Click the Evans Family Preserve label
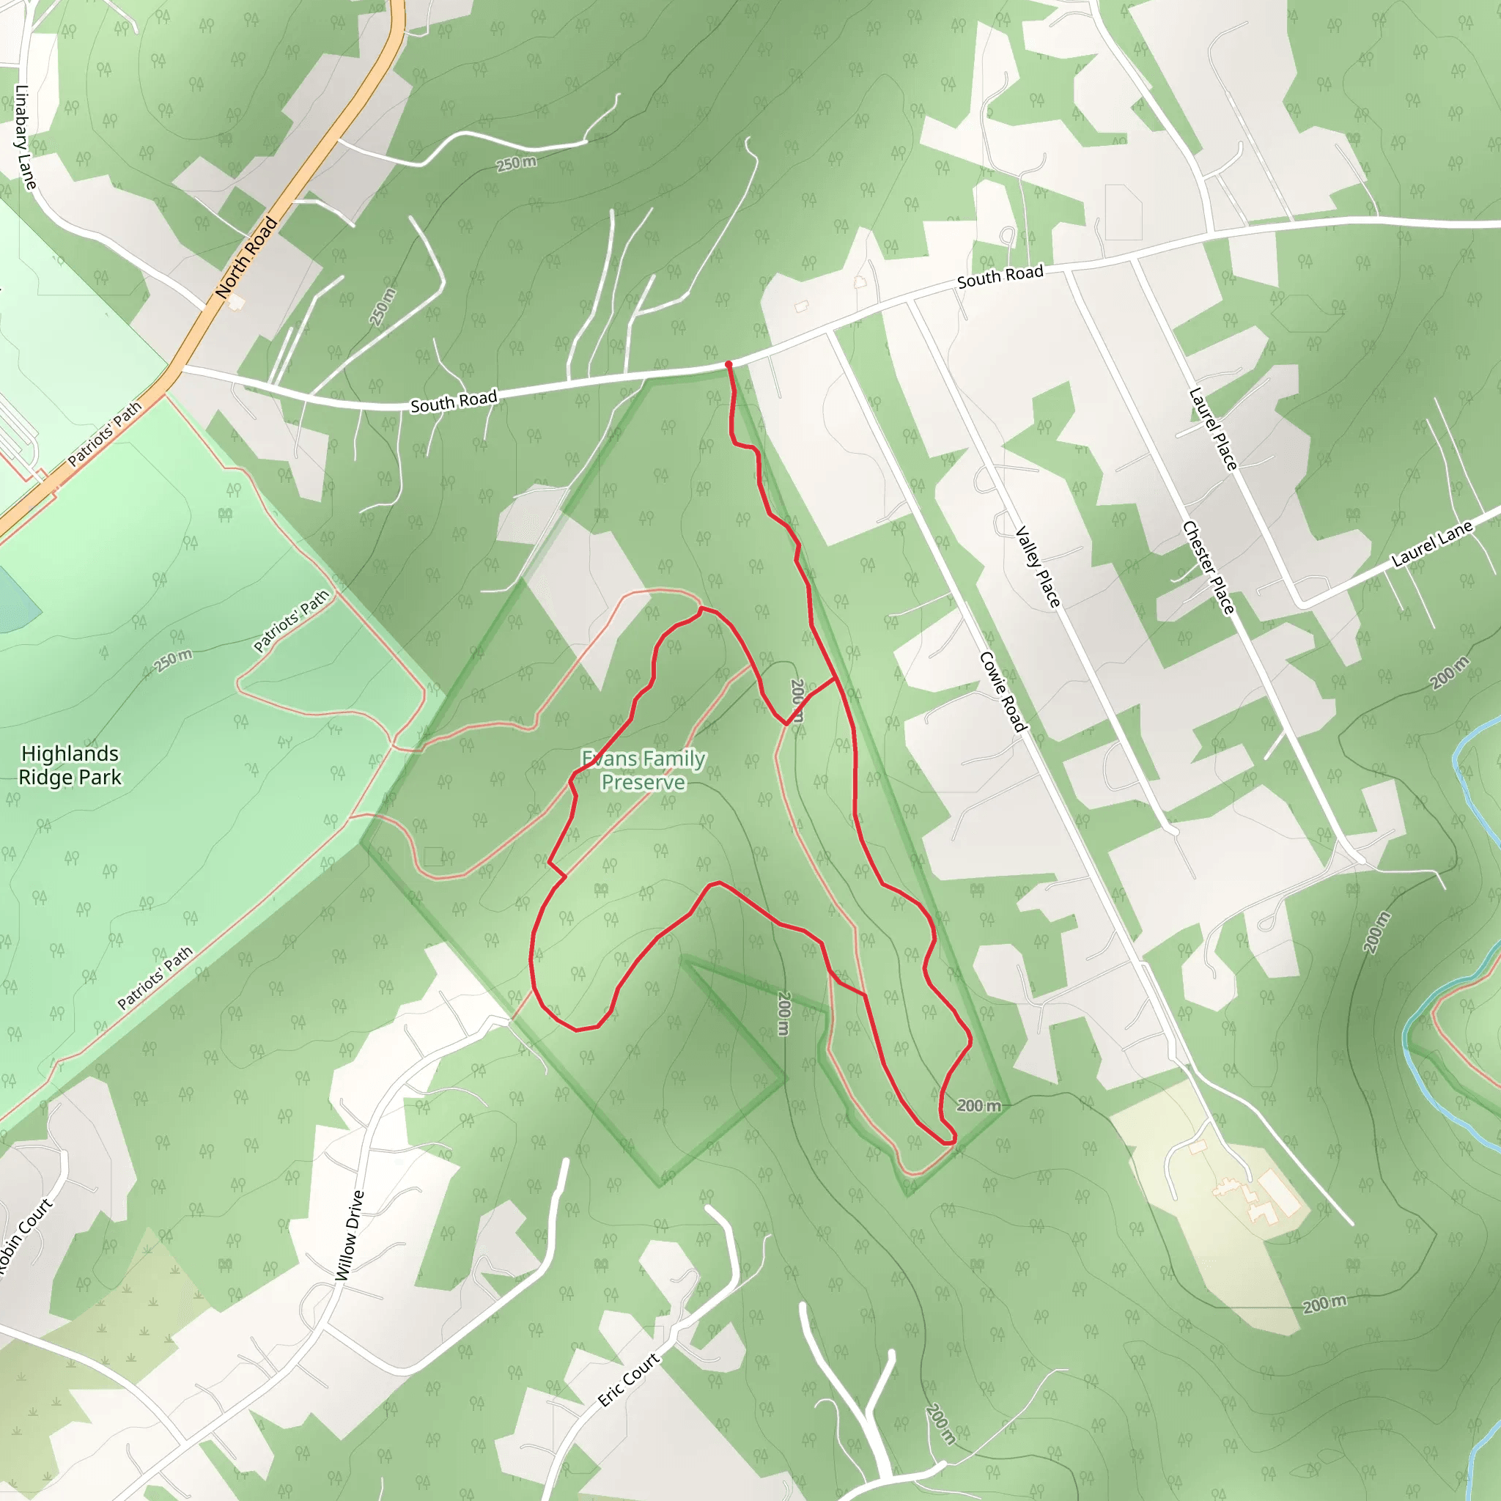pos(643,770)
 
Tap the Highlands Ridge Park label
pos(70,765)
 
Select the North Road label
pos(246,258)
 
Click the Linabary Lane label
pos(26,137)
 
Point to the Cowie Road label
pos(1003,691)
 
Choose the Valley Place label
pos(1038,567)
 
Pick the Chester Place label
pos(1208,567)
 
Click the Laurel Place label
pos(1213,429)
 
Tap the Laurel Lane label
pos(1431,544)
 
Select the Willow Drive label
pos(349,1235)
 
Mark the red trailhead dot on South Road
pos(728,364)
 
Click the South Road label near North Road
pos(454,402)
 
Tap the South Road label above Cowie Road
pos(1000,276)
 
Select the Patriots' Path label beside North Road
pos(105,434)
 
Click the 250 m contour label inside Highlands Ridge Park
pos(172,660)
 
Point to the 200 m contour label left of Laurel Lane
pos(1450,673)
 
